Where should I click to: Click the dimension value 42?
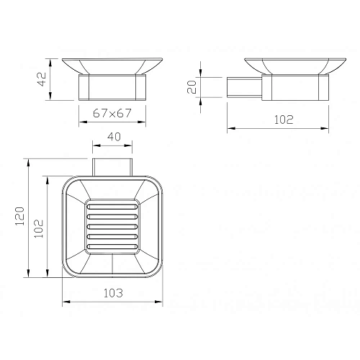pyautogui.click(x=42, y=79)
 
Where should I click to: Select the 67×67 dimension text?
pyautogui.click(x=112, y=113)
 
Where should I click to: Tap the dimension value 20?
pyautogui.click(x=192, y=87)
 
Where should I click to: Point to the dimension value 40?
pyautogui.click(x=114, y=137)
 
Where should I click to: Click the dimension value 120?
pyautogui.click(x=20, y=216)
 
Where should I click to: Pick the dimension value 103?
pyautogui.click(x=113, y=293)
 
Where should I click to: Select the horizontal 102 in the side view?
pyautogui.click(x=284, y=120)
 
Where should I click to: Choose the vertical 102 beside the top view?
pyautogui.click(x=39, y=228)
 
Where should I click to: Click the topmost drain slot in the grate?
pyautogui.click(x=112, y=207)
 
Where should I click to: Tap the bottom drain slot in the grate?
pyautogui.click(x=112, y=246)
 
